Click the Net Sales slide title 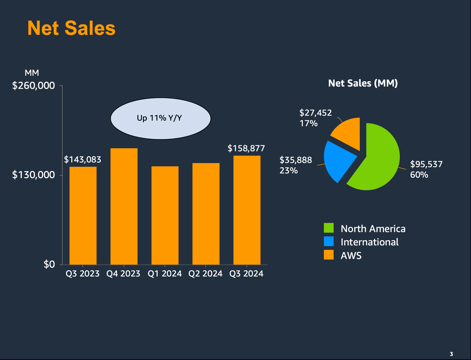pyautogui.click(x=71, y=28)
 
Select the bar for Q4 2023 pyautogui.click(x=124, y=206)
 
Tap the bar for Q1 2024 pyautogui.click(x=165, y=215)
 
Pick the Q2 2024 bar pyautogui.click(x=206, y=213)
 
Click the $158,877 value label pyautogui.click(x=246, y=148)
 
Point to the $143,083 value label pyautogui.click(x=83, y=159)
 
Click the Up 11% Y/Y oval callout pyautogui.click(x=161, y=118)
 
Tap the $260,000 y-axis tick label pyautogui.click(x=33, y=86)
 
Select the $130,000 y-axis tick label pyautogui.click(x=33, y=175)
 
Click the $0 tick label pyautogui.click(x=49, y=264)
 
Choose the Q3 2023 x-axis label pyautogui.click(x=83, y=274)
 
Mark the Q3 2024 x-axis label pyautogui.click(x=246, y=274)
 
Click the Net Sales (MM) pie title pyautogui.click(x=363, y=83)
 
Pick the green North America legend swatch pyautogui.click(x=329, y=228)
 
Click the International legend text pyautogui.click(x=369, y=242)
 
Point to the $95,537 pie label pyautogui.click(x=426, y=164)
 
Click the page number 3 pyautogui.click(x=451, y=354)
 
